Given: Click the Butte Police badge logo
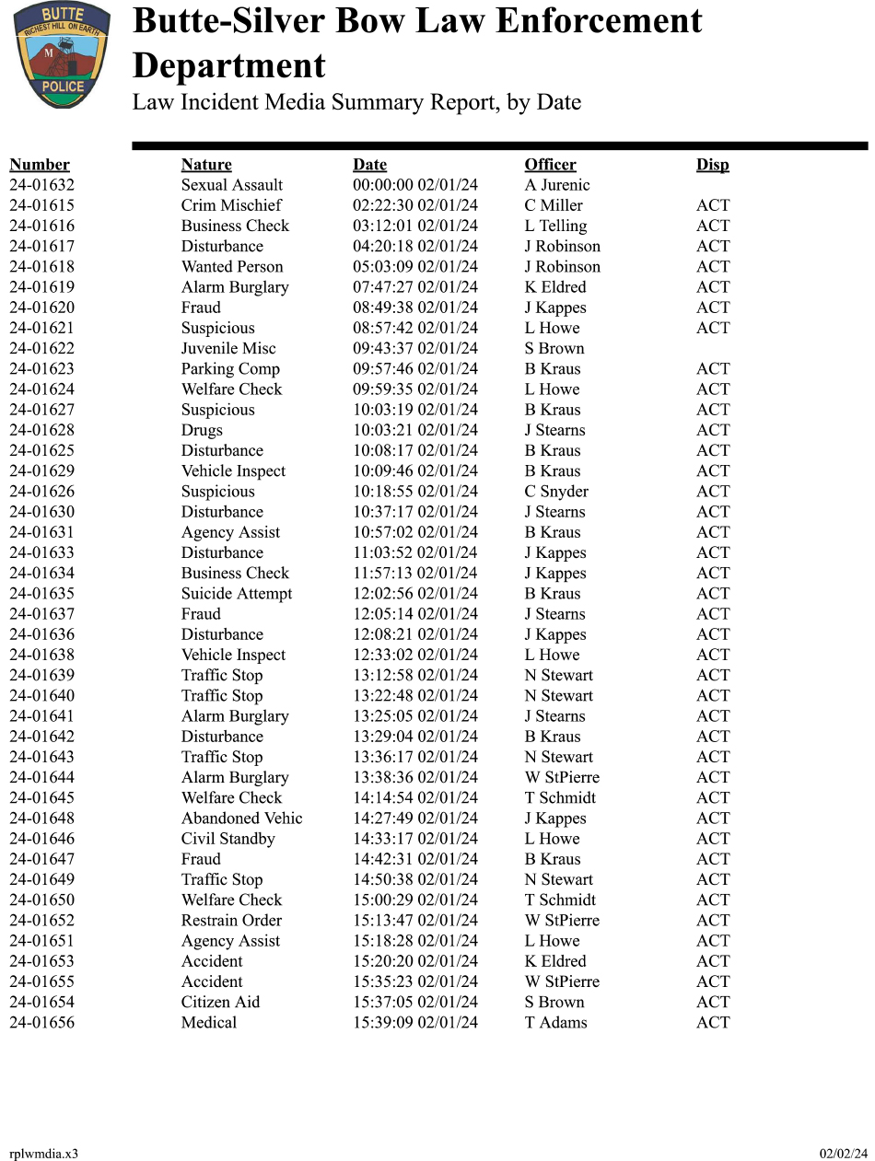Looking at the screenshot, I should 62,54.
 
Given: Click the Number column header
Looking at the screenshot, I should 40,165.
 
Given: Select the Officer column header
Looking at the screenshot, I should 550,165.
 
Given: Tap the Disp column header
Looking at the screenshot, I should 712,165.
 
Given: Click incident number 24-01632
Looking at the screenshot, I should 42,185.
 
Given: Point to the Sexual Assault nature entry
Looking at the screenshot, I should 232,185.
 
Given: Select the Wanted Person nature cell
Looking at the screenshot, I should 232,267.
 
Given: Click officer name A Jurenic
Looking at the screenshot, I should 557,185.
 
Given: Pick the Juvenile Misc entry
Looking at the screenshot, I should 228,349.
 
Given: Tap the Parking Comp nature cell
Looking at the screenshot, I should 230,369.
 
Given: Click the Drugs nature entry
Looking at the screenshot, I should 202,430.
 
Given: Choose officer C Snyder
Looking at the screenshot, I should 556,492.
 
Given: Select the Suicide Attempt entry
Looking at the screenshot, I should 237,594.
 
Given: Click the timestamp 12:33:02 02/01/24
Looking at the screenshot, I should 415,656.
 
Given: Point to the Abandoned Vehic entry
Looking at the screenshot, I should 241,819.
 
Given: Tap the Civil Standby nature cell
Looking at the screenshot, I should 228,839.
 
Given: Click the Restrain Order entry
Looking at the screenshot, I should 231,921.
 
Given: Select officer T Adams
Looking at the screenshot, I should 555,1023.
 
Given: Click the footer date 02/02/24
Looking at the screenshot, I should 844,1154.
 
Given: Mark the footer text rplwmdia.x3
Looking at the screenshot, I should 44,1154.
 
